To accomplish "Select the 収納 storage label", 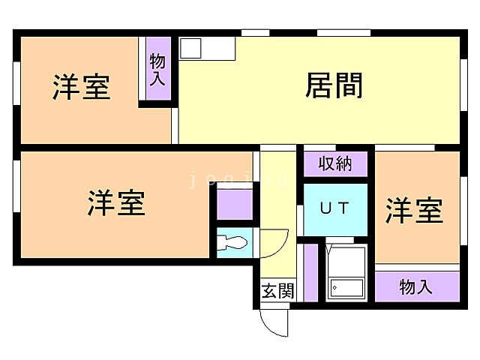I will pyautogui.click(x=334, y=164).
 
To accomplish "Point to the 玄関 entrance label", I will pyautogui.click(x=277, y=291).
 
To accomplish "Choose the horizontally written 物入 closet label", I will pyautogui.click(x=416, y=286).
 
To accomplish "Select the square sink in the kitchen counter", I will pyautogui.click(x=190, y=48).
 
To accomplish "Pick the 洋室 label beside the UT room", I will pyautogui.click(x=415, y=211).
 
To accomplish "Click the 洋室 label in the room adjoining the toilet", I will pyautogui.click(x=116, y=203).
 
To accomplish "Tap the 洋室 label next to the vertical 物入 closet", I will pyautogui.click(x=81, y=87).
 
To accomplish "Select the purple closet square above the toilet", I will pyautogui.click(x=234, y=204).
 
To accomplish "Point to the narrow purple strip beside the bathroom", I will pyautogui.click(x=310, y=271).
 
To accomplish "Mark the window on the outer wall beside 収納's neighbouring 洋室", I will pyautogui.click(x=463, y=217).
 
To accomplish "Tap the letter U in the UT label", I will pyautogui.click(x=325, y=208).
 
